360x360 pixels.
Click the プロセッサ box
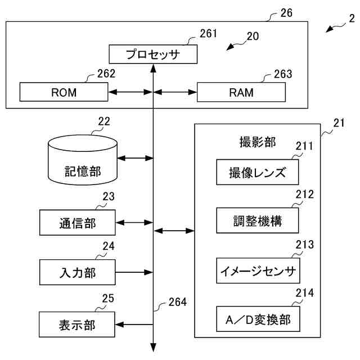[x=152, y=55]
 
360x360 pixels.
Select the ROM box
[x=64, y=92]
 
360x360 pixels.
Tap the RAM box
[x=241, y=92]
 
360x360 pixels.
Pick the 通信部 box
[x=78, y=223]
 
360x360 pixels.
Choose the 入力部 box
[x=78, y=273]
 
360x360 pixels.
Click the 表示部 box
[x=78, y=325]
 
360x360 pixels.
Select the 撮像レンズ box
[x=257, y=172]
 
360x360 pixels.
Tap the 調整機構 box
[x=257, y=221]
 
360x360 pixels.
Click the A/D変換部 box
[x=257, y=319]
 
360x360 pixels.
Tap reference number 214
[x=304, y=294]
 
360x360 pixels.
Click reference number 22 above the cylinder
[x=103, y=121]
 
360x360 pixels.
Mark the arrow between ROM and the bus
[x=130, y=92]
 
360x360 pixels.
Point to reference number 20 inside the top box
[x=253, y=37]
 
